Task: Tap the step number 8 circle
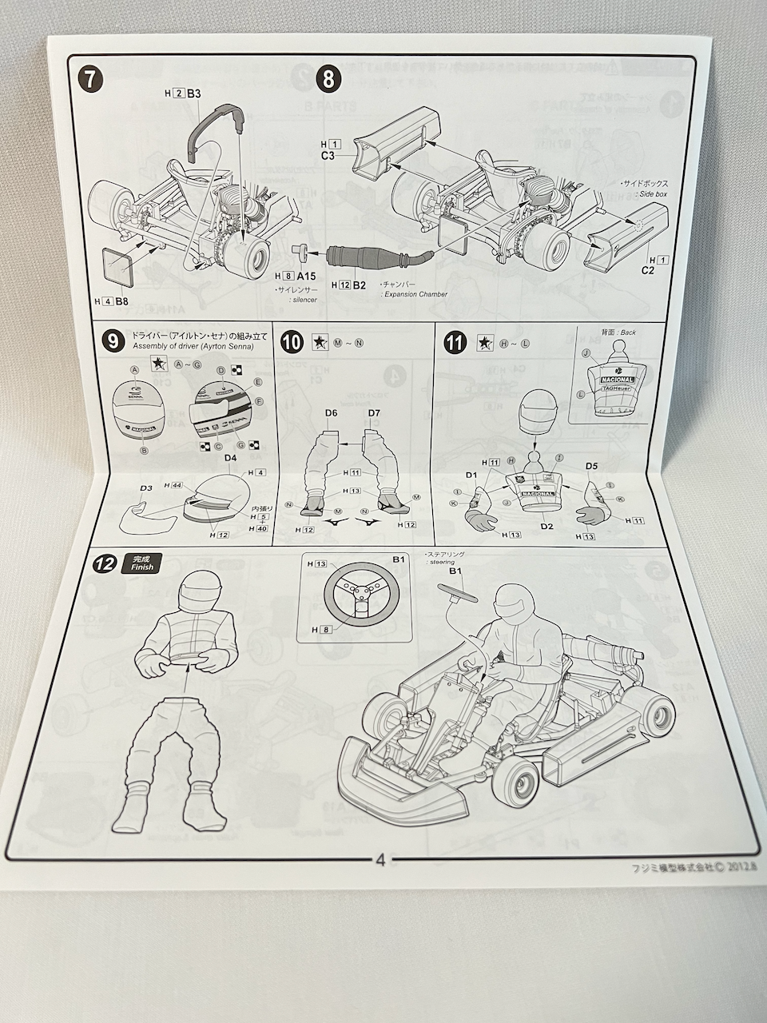pos(328,79)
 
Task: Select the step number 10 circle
pos(292,342)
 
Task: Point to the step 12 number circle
pos(102,563)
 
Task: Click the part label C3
pos(328,156)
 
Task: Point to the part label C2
pos(648,271)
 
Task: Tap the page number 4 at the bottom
pos(380,861)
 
